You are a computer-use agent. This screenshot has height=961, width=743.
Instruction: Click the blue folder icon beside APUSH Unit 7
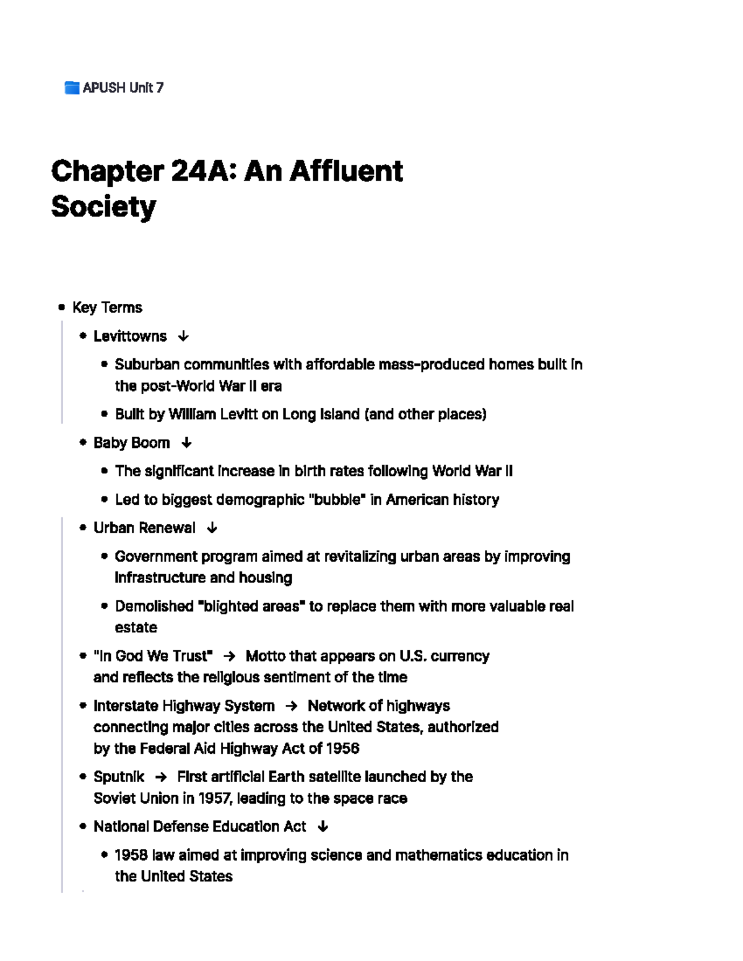coord(72,88)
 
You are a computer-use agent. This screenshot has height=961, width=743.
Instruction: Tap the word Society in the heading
coord(103,207)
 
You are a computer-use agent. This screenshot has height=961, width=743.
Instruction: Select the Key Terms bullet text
coord(107,308)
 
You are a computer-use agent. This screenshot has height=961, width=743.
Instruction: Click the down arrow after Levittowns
coord(183,337)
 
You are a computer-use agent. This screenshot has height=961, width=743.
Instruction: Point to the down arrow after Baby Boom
coord(186,443)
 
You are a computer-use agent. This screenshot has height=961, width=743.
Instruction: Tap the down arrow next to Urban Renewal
coord(212,528)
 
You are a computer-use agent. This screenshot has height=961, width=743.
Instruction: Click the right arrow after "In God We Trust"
coord(229,656)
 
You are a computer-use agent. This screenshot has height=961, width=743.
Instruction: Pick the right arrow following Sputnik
coord(161,777)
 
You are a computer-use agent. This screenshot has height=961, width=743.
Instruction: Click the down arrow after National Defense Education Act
coord(322,827)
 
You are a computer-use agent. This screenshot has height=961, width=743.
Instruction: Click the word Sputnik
coord(119,777)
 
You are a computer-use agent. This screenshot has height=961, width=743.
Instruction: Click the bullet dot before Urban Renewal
coord(83,528)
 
